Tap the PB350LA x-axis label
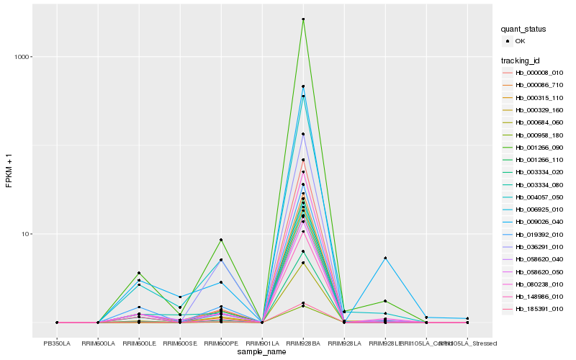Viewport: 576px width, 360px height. (57, 343)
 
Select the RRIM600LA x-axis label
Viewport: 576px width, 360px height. (98, 343)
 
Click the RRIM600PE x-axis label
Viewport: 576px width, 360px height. (221, 343)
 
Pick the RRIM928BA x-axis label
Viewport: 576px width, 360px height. (303, 343)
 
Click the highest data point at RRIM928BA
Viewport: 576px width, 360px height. (303, 19)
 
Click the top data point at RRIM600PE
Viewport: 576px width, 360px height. (221, 240)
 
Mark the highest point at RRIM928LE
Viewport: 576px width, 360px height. (385, 258)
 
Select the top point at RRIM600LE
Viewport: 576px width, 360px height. (139, 273)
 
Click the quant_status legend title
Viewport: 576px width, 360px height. (523, 30)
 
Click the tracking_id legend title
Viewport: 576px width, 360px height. (522, 60)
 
